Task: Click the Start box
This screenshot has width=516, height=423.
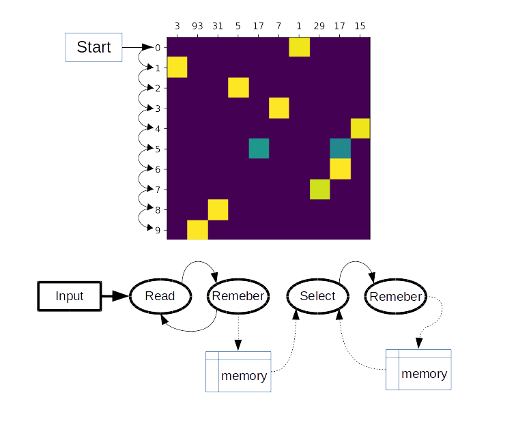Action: (94, 47)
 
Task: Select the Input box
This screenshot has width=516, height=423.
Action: (69, 296)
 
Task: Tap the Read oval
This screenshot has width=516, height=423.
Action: (160, 296)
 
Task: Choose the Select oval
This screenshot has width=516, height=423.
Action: (317, 296)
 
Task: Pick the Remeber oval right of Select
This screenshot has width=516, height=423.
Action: (396, 296)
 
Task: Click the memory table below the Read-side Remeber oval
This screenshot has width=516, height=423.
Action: (238, 372)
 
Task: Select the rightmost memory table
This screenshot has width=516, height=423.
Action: (418, 370)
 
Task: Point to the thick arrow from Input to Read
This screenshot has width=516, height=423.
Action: (115, 296)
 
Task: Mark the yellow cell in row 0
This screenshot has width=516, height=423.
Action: (299, 48)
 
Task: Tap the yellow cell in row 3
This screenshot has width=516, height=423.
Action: (278, 108)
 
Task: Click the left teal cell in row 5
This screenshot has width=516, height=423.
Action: (259, 148)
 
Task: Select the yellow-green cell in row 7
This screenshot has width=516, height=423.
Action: (319, 189)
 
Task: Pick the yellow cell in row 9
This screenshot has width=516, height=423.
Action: (197, 230)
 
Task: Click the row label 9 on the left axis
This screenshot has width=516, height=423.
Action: (158, 230)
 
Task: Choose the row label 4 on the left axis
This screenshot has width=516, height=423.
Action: (158, 128)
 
